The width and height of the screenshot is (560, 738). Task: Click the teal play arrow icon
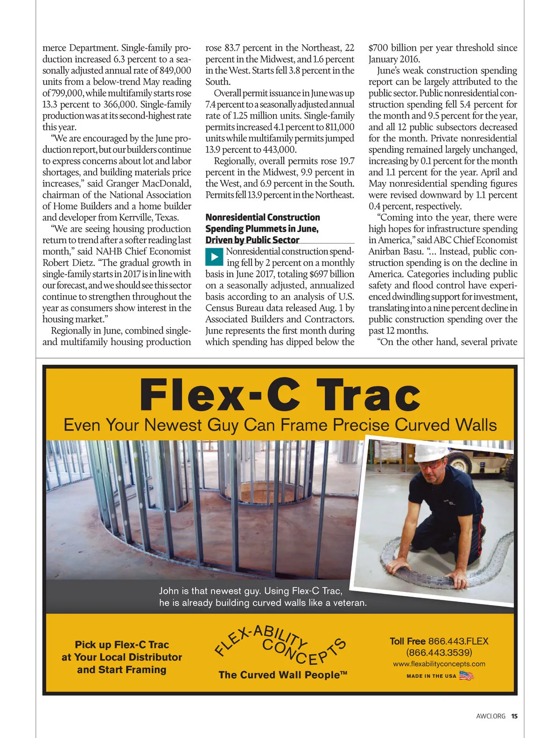[x=214, y=257]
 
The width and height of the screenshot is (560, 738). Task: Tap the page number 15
[x=514, y=716]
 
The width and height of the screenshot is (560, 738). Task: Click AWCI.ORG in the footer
[x=490, y=716]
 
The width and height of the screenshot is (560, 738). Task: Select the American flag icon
[x=466, y=675]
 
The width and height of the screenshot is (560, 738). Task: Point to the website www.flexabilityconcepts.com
[x=439, y=664]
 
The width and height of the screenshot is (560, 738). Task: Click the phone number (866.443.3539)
[x=439, y=652]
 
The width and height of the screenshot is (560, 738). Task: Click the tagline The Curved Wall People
[x=283, y=675]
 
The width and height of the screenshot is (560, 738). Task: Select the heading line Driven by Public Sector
[x=252, y=240]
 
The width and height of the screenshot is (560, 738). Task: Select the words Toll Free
[x=407, y=641]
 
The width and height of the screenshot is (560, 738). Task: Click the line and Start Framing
[x=122, y=670]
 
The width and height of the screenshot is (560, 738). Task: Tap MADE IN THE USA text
[x=431, y=676]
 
